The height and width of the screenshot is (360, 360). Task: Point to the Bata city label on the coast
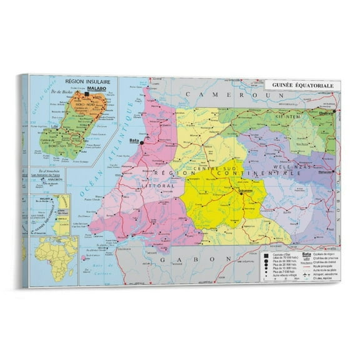pyautogui.click(x=133, y=141)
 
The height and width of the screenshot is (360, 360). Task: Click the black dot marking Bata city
pyautogui.click(x=142, y=143)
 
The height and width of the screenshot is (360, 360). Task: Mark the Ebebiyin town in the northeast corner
pyautogui.click(x=326, y=113)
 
